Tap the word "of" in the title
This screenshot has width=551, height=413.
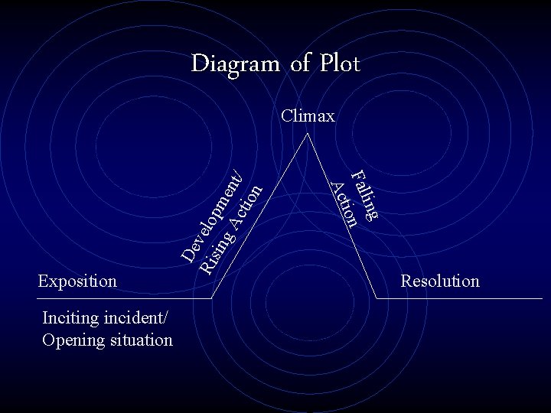tap(299, 63)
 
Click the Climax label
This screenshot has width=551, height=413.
tap(308, 116)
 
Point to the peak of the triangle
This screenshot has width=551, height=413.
tap(308, 135)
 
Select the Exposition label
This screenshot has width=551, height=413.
tap(77, 281)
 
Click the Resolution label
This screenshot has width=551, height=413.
tap(440, 281)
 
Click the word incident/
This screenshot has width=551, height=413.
tap(139, 318)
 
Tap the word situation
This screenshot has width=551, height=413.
tap(139, 340)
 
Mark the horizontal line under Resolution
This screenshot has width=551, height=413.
tap(467, 298)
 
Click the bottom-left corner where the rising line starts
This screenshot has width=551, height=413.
tap(212, 298)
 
